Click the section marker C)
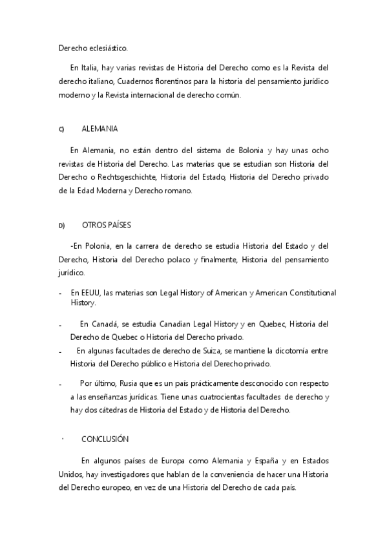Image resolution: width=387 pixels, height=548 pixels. click(x=61, y=130)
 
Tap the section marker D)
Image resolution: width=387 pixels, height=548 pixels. click(x=62, y=226)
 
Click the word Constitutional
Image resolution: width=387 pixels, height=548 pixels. click(x=306, y=293)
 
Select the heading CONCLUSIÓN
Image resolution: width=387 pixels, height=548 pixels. click(x=105, y=439)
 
